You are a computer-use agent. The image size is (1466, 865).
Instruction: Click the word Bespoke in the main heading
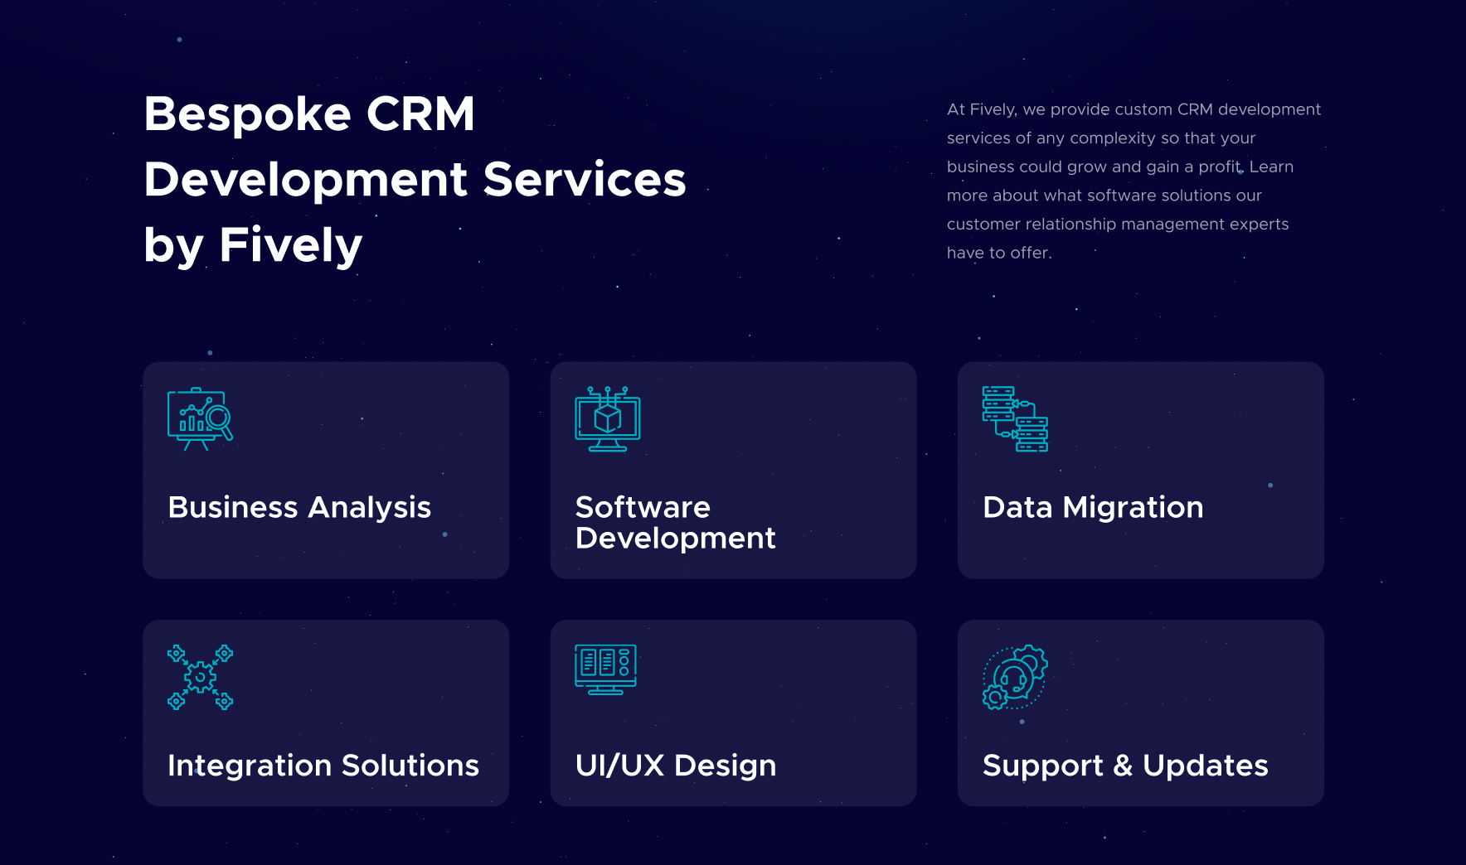click(x=247, y=114)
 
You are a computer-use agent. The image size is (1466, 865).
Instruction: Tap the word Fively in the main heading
click(x=290, y=245)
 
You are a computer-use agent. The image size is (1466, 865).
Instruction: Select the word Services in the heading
click(x=585, y=179)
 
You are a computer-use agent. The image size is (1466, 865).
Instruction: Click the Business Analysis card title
click(x=299, y=507)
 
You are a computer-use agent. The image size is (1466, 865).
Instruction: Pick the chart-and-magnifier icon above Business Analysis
click(x=200, y=418)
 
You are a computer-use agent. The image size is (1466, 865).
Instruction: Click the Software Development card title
click(x=675, y=522)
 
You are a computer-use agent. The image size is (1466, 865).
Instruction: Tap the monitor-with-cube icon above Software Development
click(x=608, y=418)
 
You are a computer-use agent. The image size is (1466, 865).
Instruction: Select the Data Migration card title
click(x=1093, y=507)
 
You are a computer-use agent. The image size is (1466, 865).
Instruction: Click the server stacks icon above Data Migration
click(x=1015, y=418)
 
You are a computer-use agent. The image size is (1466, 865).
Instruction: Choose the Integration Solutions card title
click(x=323, y=766)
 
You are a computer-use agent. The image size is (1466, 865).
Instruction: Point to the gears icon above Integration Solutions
click(x=200, y=677)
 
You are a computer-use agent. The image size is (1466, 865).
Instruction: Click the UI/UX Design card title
click(x=676, y=766)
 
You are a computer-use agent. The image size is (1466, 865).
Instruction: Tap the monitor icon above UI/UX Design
click(x=606, y=669)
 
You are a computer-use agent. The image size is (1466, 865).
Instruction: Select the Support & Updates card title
click(x=1125, y=766)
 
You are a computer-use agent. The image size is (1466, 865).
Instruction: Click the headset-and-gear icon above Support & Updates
click(x=1015, y=677)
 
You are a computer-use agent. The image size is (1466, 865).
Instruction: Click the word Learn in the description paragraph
click(x=1271, y=167)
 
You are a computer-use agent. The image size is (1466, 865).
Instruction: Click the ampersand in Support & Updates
click(x=1123, y=766)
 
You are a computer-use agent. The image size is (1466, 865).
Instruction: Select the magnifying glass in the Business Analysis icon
click(x=221, y=420)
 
